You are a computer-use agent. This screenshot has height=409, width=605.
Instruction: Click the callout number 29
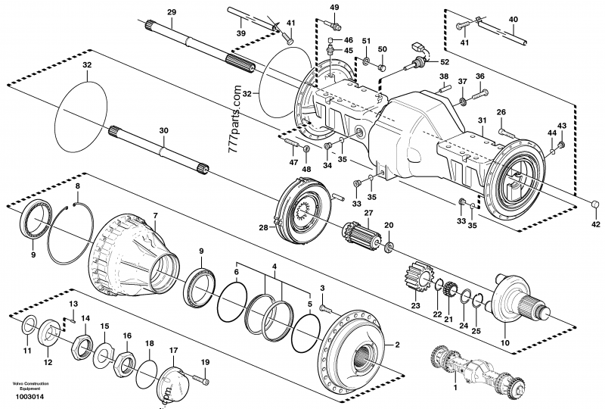(171, 11)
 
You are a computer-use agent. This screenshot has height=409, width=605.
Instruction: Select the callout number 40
(513, 18)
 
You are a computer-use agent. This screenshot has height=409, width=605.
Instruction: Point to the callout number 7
(155, 216)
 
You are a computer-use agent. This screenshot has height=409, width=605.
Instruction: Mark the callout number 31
(482, 122)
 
